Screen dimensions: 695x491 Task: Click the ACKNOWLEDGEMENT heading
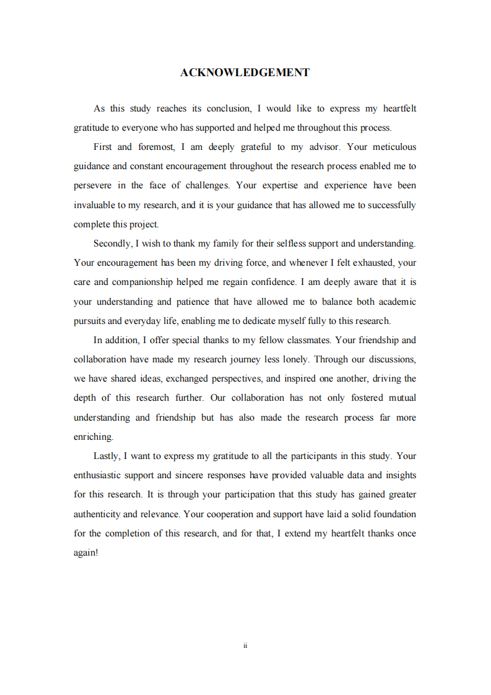tap(245, 73)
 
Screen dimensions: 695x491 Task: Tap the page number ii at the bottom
tap(245, 645)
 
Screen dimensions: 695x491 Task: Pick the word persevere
tap(93, 186)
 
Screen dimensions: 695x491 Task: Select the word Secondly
tap(112, 244)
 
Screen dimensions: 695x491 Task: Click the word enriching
tap(93, 437)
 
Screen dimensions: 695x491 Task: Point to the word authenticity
tap(97, 514)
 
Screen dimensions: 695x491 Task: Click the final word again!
tap(86, 553)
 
